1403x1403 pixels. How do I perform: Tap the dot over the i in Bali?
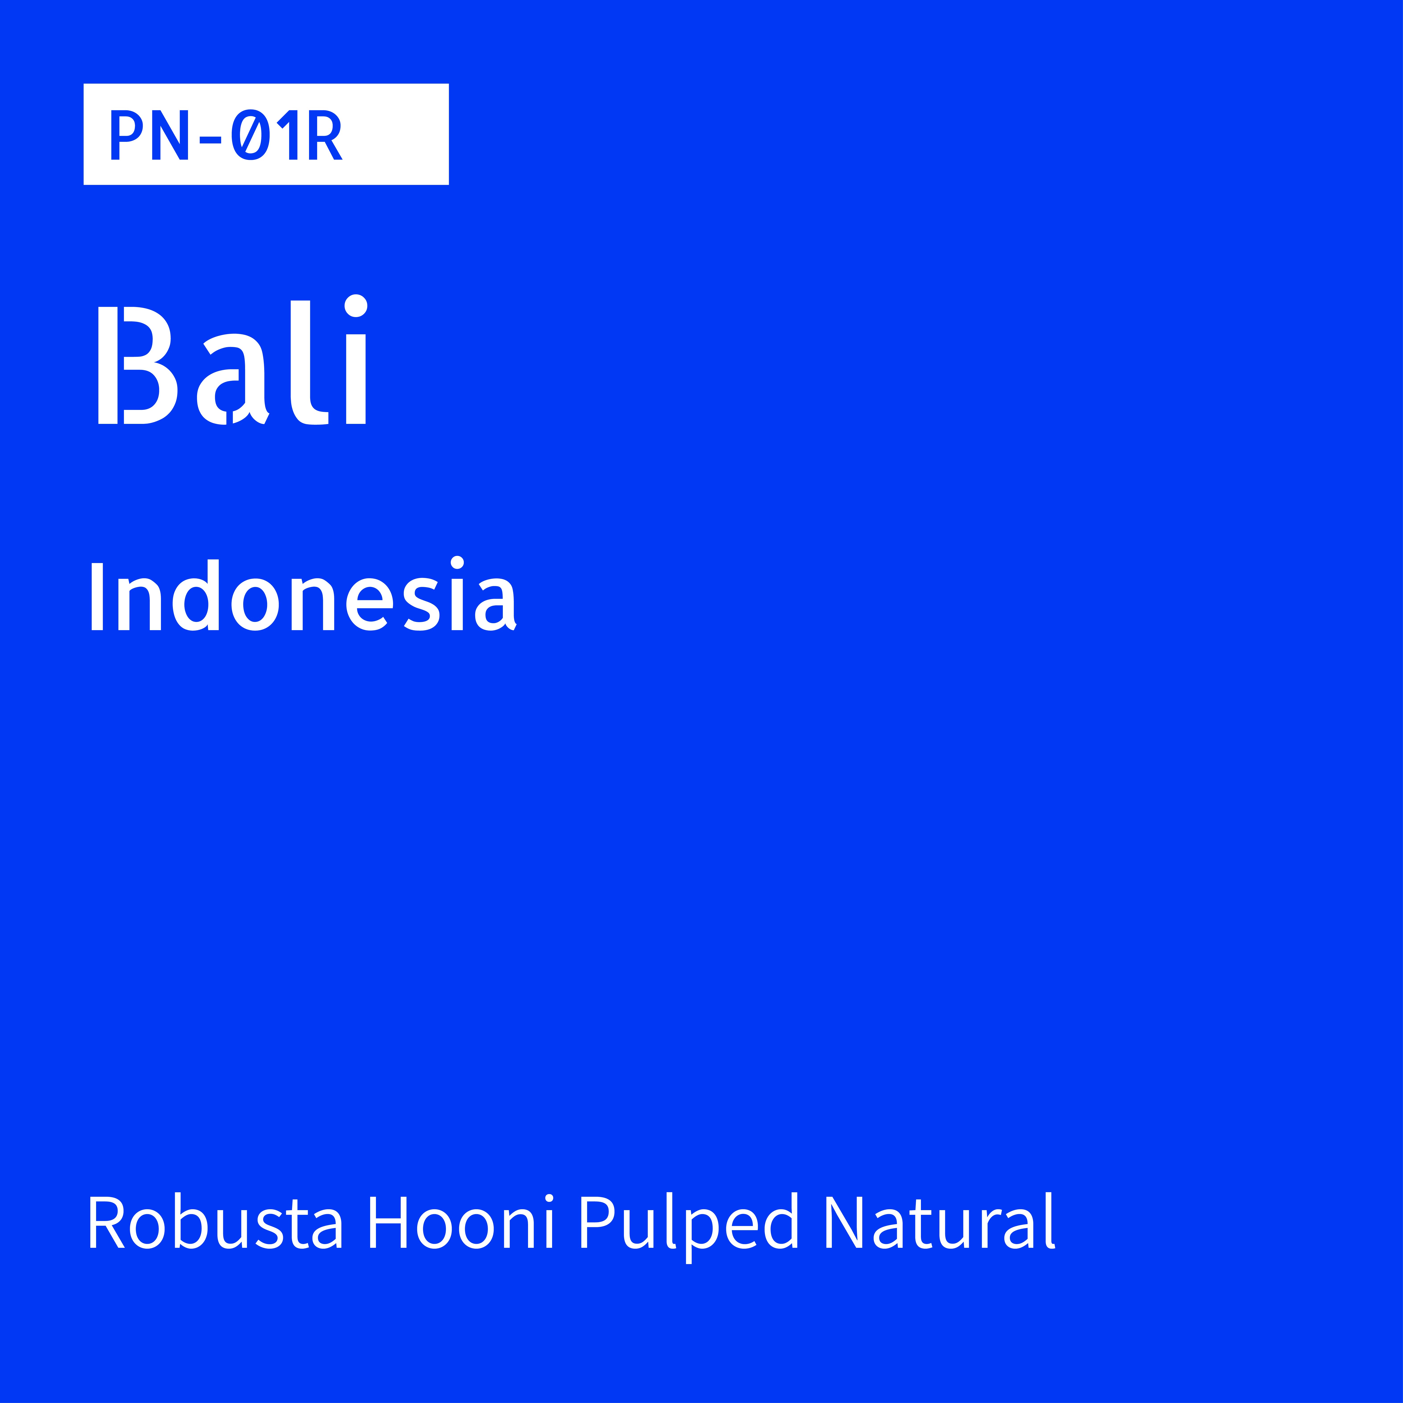[x=356, y=306]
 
